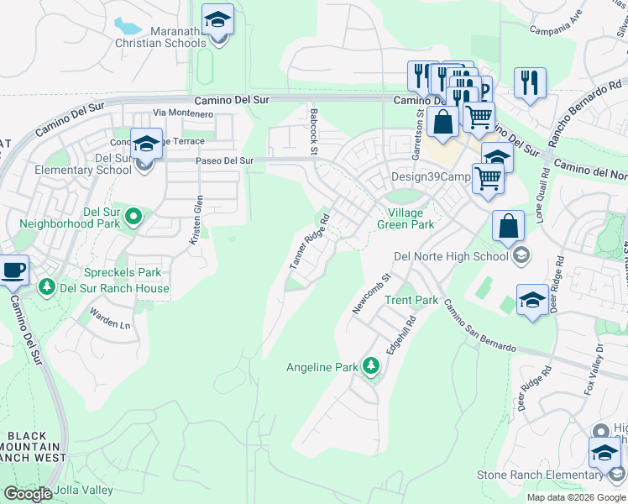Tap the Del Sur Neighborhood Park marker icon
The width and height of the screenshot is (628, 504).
click(133, 218)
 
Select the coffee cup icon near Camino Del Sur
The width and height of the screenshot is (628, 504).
click(13, 270)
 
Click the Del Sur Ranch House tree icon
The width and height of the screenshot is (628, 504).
click(48, 288)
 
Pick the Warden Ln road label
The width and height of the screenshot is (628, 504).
click(111, 323)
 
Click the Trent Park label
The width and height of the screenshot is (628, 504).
click(411, 300)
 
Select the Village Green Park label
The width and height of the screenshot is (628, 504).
click(405, 218)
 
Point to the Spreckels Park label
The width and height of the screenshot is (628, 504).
click(122, 273)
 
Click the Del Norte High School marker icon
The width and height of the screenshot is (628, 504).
click(521, 256)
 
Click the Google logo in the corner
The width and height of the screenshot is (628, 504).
click(28, 493)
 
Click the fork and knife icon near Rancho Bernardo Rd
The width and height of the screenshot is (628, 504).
click(530, 82)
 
